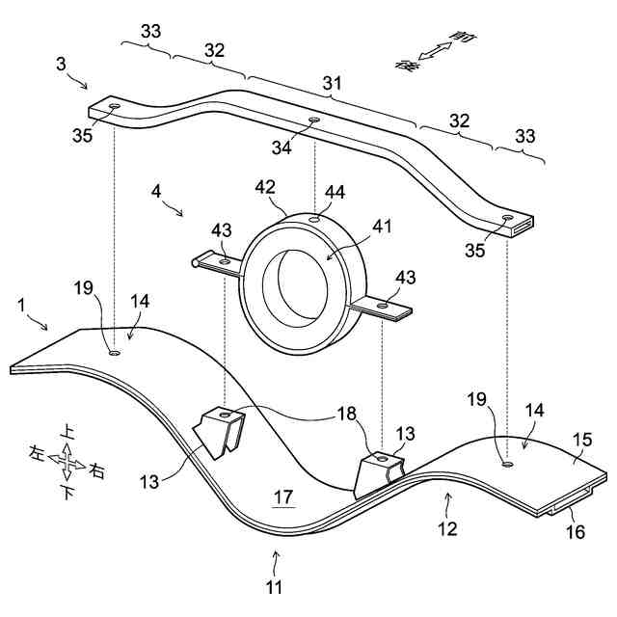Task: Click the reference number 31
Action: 333,86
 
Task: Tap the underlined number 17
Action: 282,497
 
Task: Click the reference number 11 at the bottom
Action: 277,584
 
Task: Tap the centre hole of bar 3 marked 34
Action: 313,121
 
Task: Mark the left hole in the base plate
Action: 115,353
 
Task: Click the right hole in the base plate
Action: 507,464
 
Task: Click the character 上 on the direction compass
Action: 67,432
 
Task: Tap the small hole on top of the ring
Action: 315,220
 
